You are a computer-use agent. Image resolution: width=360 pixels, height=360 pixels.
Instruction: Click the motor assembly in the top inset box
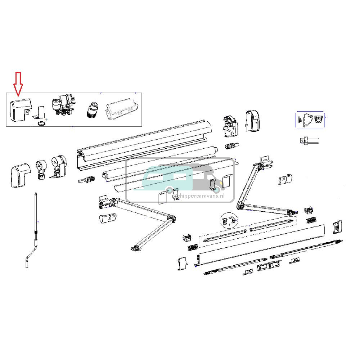coord(63,105)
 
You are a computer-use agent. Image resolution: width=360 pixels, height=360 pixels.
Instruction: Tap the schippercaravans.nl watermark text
coord(203,194)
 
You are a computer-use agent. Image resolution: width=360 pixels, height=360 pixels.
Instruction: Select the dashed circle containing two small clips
coord(229,221)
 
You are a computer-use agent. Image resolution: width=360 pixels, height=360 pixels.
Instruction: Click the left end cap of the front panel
coord(182,264)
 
